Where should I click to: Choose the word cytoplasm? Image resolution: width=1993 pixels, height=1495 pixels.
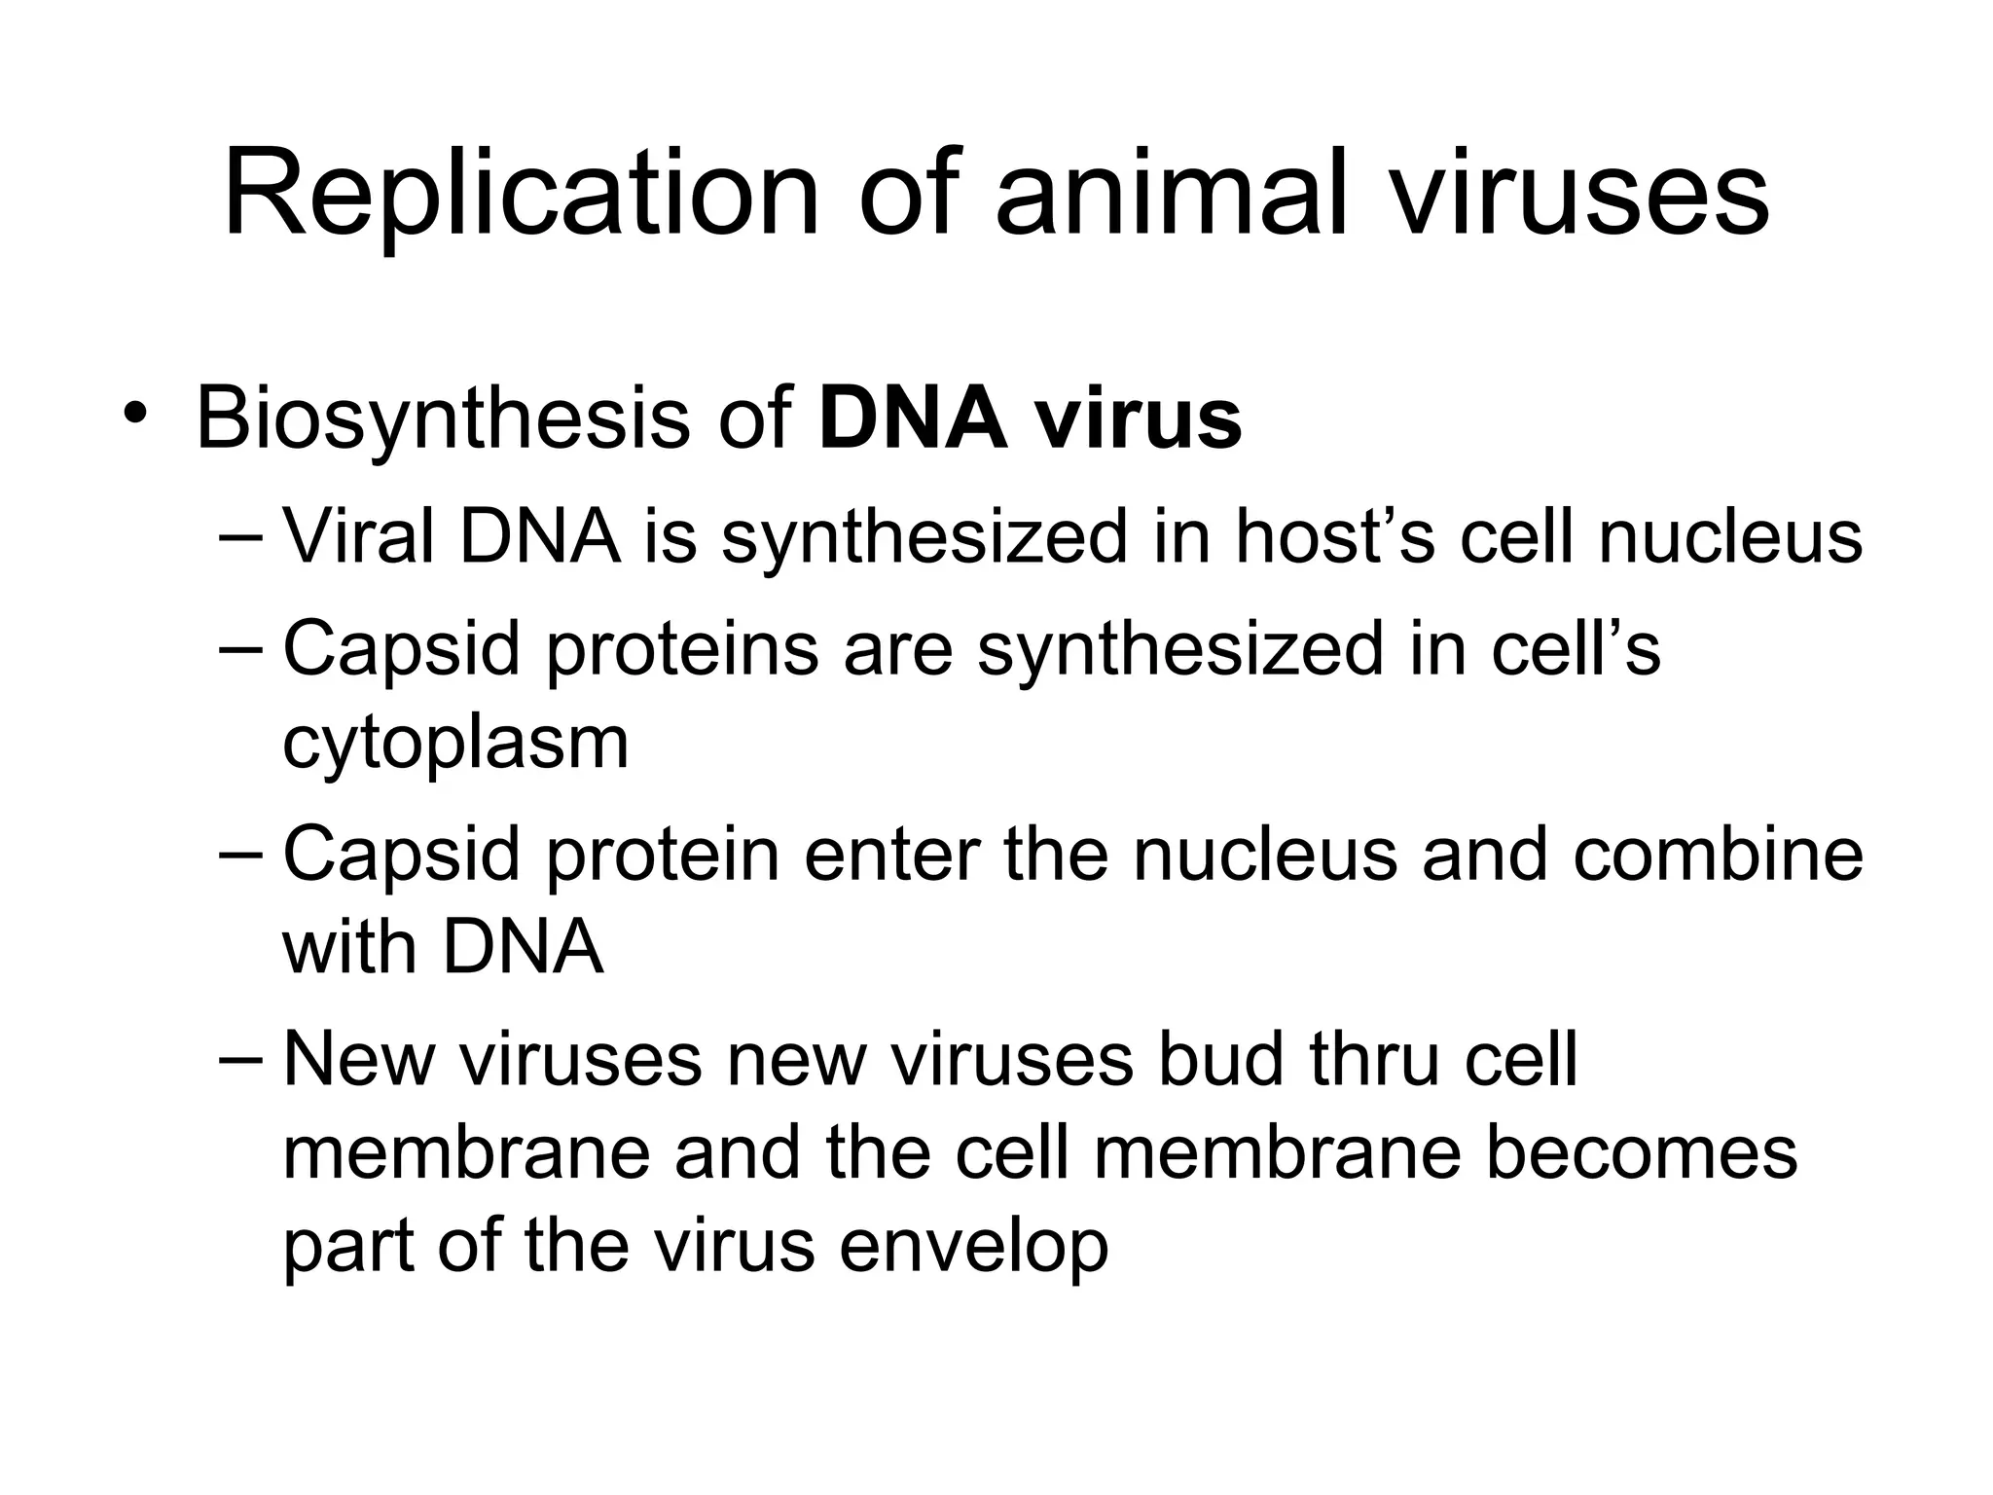point(455,745)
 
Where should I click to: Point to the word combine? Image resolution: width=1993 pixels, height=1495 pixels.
point(1718,854)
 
